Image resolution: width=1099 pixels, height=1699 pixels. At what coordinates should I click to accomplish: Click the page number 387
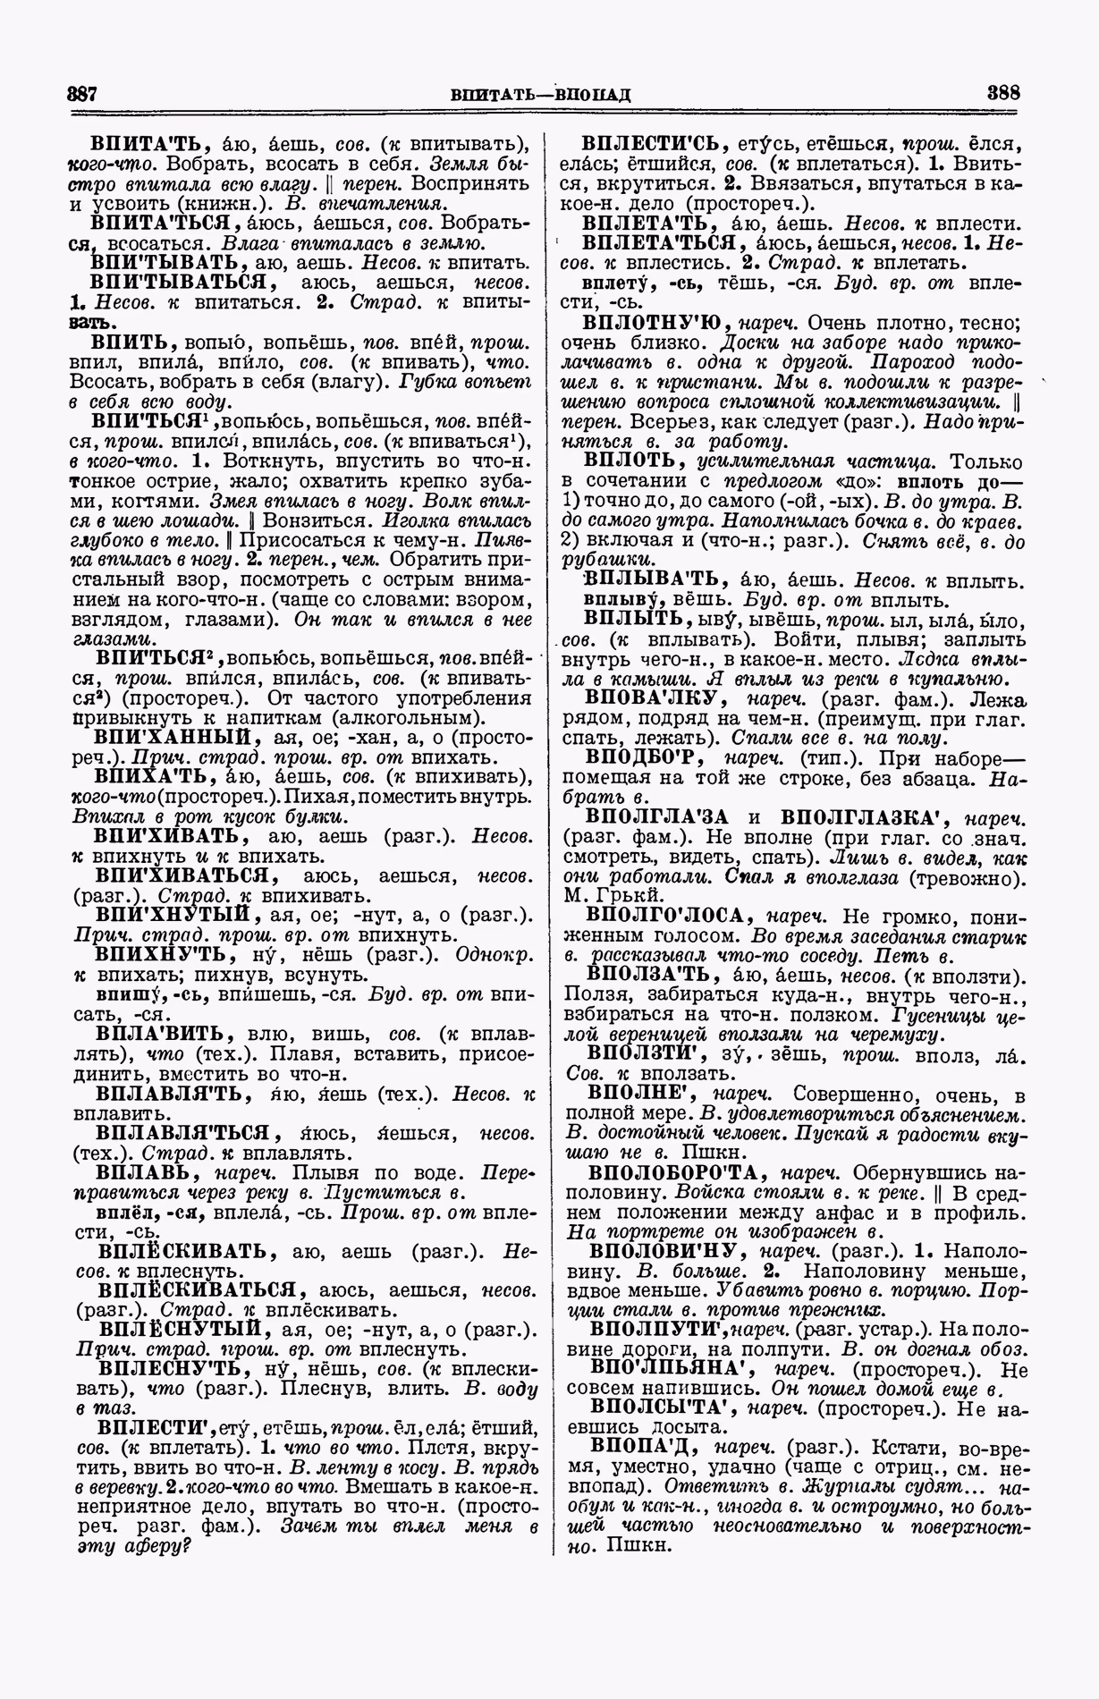82,94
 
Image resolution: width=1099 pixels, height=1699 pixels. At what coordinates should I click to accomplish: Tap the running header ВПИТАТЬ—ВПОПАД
541,94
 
